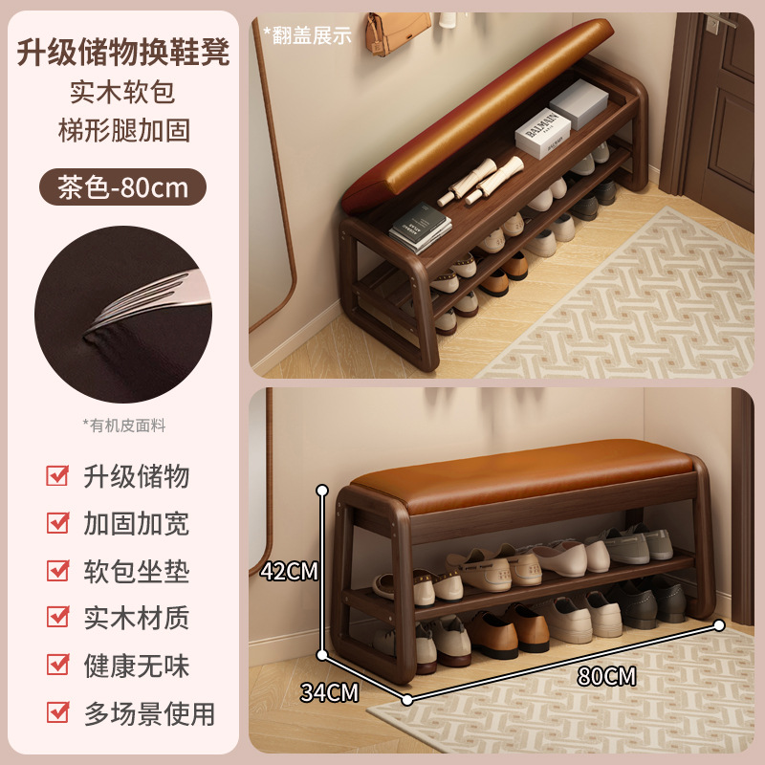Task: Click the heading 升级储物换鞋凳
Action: click(x=122, y=52)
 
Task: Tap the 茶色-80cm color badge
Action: click(x=122, y=186)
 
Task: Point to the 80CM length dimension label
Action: click(x=606, y=676)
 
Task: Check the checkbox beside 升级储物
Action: click(x=58, y=476)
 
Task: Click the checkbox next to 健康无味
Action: click(x=58, y=666)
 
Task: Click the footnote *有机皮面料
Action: click(x=122, y=424)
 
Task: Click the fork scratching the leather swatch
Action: click(x=143, y=296)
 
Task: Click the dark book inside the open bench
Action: click(x=421, y=229)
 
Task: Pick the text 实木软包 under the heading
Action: click(x=122, y=93)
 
